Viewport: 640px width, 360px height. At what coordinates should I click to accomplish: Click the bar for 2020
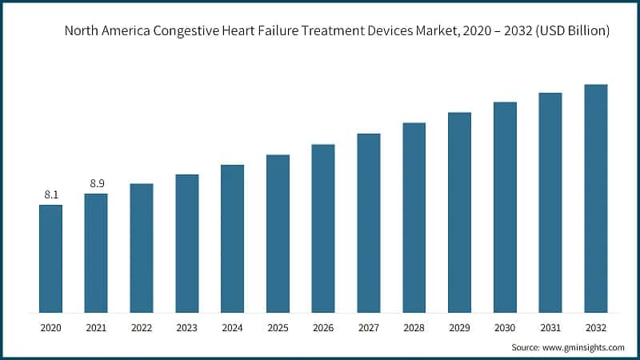tap(50, 258)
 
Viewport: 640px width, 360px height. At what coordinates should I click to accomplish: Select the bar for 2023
tap(186, 243)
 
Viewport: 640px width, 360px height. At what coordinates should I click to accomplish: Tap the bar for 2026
tap(322, 228)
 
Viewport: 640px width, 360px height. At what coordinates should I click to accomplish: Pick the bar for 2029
tap(459, 212)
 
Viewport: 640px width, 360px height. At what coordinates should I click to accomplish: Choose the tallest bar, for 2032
tap(595, 198)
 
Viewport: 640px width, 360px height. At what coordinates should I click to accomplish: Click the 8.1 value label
tap(50, 194)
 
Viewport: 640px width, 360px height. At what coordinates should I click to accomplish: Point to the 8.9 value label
tap(97, 183)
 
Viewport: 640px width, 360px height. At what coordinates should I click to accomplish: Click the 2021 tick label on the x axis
tap(96, 326)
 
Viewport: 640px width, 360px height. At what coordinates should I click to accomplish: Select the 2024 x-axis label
tap(232, 326)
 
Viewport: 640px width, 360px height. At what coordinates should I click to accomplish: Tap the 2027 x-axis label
tap(368, 326)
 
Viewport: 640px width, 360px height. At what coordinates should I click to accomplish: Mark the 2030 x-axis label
tap(505, 326)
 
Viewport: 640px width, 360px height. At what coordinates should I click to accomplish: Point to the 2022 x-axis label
tap(142, 326)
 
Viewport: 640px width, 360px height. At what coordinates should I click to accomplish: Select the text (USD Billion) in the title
tap(570, 31)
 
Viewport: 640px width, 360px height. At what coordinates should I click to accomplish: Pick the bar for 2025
tap(278, 233)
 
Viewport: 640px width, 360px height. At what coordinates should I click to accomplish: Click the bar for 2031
tap(550, 202)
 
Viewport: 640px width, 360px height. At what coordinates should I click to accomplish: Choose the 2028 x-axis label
tap(414, 326)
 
